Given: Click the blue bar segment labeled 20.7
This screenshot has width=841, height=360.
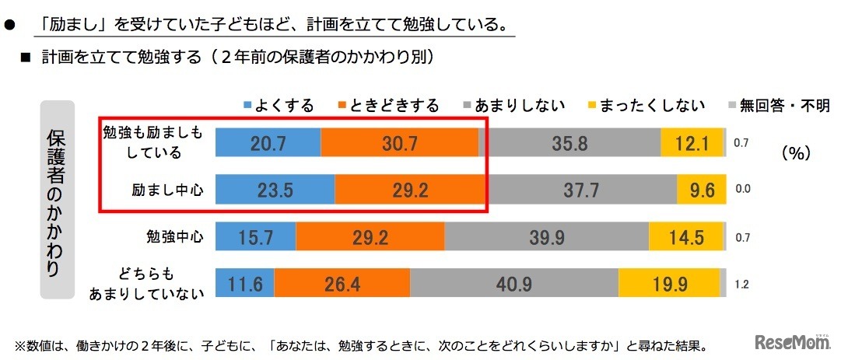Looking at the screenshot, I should tap(267, 143).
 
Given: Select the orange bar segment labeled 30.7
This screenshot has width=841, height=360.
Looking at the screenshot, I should tap(400, 143).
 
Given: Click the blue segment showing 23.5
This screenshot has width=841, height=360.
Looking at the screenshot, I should tap(274, 188).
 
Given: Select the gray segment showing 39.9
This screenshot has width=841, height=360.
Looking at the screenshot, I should tap(546, 236).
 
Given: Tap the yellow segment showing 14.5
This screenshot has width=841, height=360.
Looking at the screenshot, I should tap(687, 236).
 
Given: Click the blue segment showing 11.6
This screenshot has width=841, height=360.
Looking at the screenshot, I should tap(244, 283).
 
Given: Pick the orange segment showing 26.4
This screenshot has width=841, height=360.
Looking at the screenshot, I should tap(342, 283).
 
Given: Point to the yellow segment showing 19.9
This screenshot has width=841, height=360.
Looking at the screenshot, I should tap(669, 283).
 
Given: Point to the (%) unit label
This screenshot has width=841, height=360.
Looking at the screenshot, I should tap(796, 154).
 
